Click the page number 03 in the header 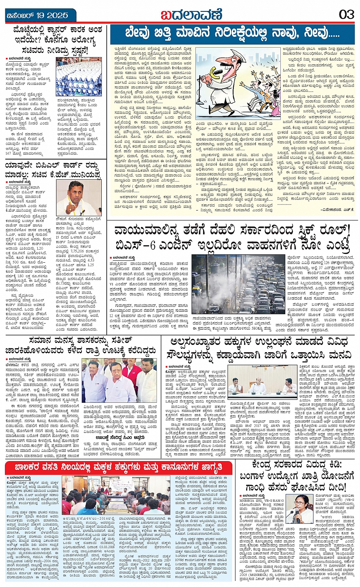(346, 14)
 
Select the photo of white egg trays (78, 77)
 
